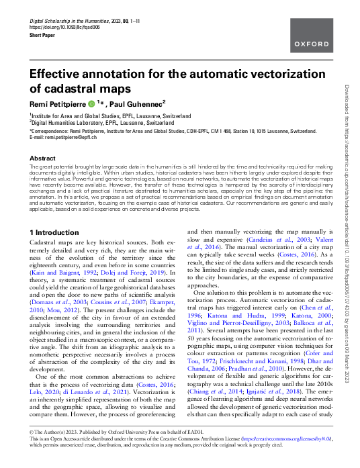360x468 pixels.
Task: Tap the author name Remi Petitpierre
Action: pos(56,104)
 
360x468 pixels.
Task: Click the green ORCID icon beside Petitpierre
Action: pos(91,104)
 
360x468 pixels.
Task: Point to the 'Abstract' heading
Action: pos(42,158)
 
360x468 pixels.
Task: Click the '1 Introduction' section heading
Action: pos(59,232)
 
